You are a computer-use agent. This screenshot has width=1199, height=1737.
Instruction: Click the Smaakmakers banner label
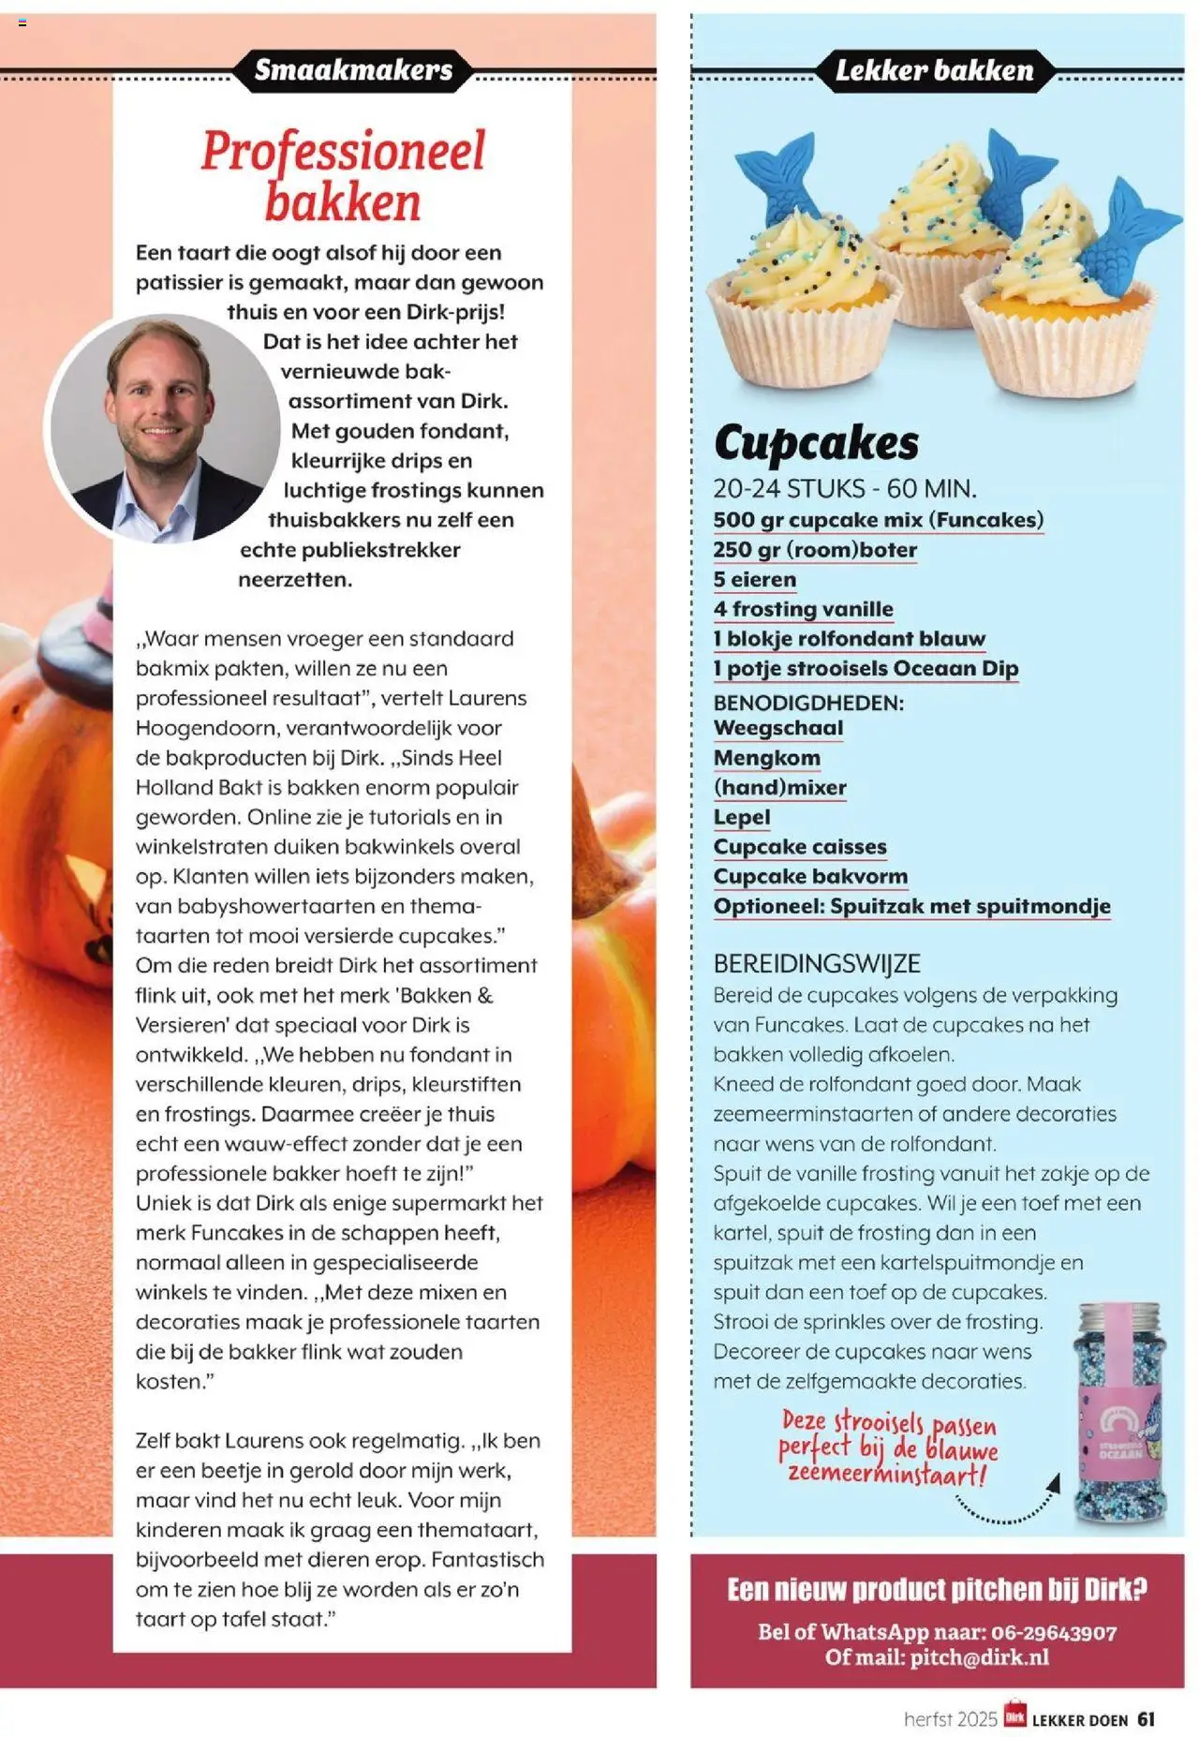pos(353,70)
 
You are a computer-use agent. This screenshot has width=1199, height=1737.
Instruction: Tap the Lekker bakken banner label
pos(934,70)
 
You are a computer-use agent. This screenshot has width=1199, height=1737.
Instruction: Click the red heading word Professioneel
pos(343,152)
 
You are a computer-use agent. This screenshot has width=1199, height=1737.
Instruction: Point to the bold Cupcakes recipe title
pos(816,443)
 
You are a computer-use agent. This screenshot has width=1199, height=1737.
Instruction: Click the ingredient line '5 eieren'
pos(754,580)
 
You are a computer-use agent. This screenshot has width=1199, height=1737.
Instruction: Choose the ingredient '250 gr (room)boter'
pos(814,550)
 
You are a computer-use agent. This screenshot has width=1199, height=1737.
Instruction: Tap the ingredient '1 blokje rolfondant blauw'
pos(849,639)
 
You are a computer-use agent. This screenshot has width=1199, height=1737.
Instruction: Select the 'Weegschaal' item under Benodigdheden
pos(777,728)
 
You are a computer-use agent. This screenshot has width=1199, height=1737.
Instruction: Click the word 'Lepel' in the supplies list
pos(741,817)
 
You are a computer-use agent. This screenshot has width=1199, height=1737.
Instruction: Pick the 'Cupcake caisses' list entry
pos(799,847)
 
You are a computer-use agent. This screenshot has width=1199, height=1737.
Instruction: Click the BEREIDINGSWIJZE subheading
pos(817,964)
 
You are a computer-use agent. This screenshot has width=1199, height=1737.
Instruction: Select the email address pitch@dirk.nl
pos(979,1657)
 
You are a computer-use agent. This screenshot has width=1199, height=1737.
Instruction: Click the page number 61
pos(1147,1719)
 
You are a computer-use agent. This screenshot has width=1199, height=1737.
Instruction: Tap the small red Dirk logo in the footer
pos(1014,1716)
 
